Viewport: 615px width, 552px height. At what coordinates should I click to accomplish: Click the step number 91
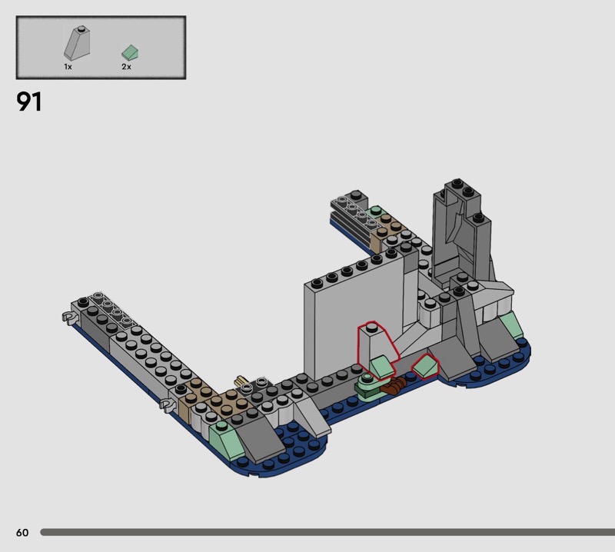coord(29,101)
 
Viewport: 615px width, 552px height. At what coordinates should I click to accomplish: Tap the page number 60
coord(22,532)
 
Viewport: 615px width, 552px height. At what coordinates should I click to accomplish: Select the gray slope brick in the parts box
coord(78,43)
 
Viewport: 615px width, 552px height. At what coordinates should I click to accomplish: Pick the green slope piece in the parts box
coord(130,52)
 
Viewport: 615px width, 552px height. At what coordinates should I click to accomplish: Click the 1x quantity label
coord(68,67)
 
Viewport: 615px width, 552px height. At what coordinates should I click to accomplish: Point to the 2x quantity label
coord(126,67)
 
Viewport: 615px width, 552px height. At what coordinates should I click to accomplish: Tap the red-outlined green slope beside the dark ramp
coord(425,367)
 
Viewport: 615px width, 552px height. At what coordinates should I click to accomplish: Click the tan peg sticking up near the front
coord(240,380)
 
